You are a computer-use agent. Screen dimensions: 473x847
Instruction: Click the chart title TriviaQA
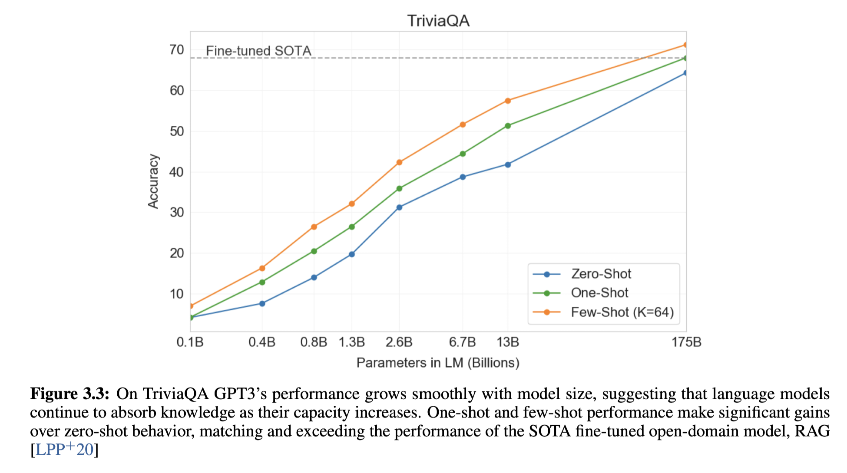(x=438, y=21)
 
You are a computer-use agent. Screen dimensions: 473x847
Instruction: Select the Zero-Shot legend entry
(x=601, y=274)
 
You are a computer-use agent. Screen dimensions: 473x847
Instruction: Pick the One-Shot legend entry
(x=599, y=293)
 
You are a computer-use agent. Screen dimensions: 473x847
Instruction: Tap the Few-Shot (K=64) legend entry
(x=622, y=312)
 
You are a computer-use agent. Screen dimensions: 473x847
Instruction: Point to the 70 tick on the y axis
(x=177, y=50)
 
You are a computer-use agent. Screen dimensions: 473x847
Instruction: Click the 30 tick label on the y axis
(x=177, y=212)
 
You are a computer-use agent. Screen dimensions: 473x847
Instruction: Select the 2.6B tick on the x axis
(x=399, y=342)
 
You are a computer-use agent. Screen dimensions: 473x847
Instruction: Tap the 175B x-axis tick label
(x=686, y=342)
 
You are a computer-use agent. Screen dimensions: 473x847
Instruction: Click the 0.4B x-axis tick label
(x=261, y=342)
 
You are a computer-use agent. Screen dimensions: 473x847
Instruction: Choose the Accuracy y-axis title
(x=153, y=181)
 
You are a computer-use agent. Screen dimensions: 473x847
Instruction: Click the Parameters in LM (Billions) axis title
(x=438, y=363)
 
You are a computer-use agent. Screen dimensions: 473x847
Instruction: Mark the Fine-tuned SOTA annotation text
(x=258, y=51)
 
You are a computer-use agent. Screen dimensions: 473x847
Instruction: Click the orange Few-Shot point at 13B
(x=508, y=101)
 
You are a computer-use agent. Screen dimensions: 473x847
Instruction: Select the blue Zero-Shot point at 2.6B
(x=399, y=207)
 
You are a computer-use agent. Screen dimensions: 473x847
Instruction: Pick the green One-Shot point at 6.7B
(x=463, y=154)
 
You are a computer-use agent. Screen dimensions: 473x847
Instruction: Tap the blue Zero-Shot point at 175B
(x=685, y=73)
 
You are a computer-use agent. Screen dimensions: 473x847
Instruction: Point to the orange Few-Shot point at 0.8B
(x=314, y=227)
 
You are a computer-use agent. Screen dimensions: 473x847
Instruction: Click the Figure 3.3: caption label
(x=69, y=394)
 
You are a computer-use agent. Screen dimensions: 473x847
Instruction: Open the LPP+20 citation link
(x=64, y=450)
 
